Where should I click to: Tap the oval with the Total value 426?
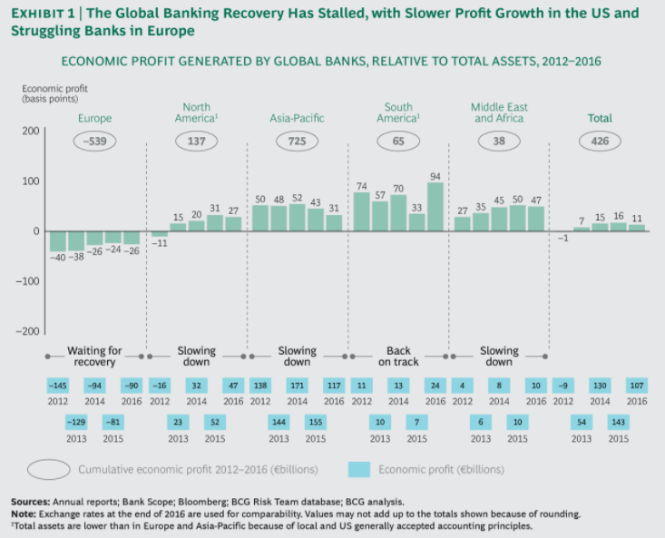click(600, 142)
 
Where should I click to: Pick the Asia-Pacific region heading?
click(297, 118)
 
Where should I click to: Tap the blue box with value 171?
click(297, 386)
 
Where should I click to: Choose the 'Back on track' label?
click(398, 357)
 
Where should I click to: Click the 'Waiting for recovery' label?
click(95, 357)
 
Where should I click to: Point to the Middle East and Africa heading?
click(499, 112)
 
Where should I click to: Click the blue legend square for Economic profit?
click(358, 469)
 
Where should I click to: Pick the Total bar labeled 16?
click(619, 227)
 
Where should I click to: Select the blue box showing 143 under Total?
click(618, 422)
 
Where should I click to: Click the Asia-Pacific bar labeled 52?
click(297, 218)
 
